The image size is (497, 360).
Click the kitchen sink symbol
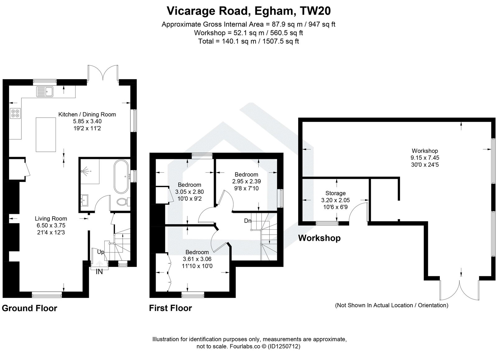pos(45,91)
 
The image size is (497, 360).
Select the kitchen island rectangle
pos(46,134)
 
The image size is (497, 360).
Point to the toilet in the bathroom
pos(122,202)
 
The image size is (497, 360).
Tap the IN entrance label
pos(99,272)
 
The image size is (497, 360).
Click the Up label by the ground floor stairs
pos(100,252)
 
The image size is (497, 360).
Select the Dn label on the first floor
pos(248,221)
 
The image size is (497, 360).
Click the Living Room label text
pos(51,218)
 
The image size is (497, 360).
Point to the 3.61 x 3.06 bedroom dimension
pos(197,259)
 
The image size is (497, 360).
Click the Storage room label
pos(335,193)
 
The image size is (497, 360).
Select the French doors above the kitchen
pos(103,73)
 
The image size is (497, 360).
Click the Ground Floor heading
pos(30,308)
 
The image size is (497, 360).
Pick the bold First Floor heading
pos(170,308)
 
